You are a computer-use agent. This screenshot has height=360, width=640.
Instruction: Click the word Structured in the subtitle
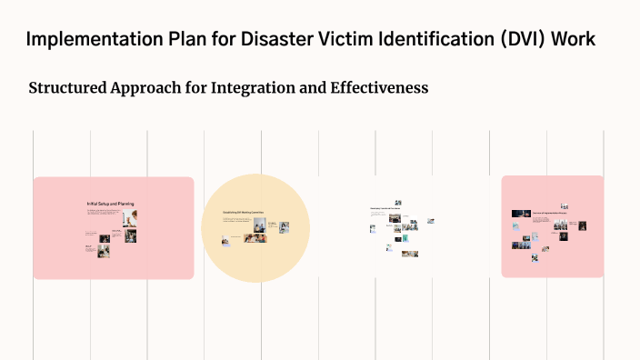(67, 89)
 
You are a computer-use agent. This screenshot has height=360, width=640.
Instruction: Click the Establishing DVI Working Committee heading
(243, 212)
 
